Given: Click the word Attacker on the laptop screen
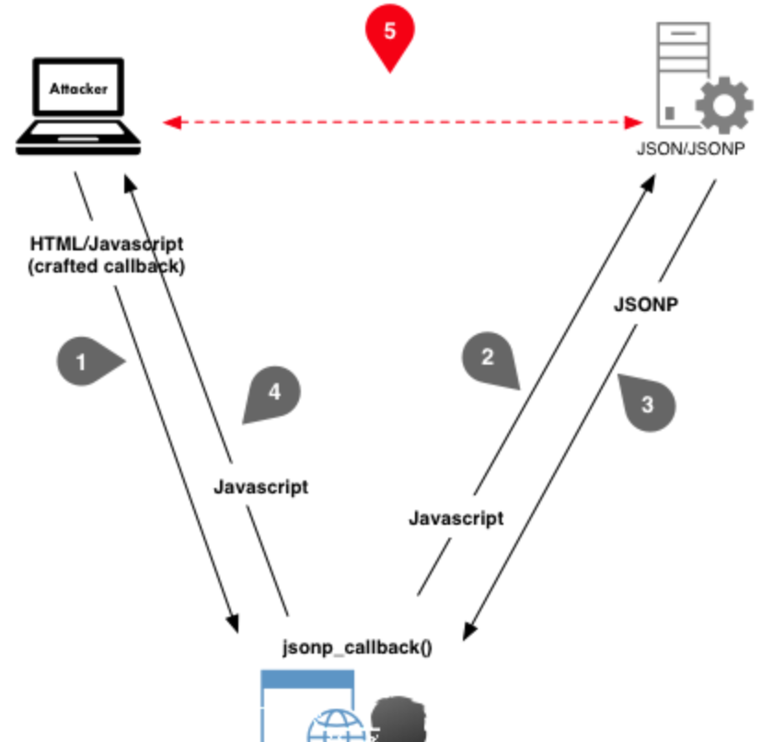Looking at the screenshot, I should [x=78, y=89].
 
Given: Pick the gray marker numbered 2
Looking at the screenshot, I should [x=489, y=358].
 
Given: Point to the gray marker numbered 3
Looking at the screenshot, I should [x=649, y=403].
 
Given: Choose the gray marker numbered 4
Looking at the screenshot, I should [x=274, y=392].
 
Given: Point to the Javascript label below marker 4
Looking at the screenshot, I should [x=260, y=487].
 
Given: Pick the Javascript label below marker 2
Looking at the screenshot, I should [x=456, y=518].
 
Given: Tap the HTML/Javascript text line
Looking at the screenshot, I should [x=107, y=244].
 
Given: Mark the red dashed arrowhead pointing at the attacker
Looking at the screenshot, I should [x=170, y=122].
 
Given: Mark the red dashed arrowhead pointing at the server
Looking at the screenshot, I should [x=634, y=122].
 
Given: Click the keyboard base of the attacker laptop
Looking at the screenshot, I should [x=79, y=140].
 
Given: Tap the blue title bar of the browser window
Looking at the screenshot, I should [x=307, y=680].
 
